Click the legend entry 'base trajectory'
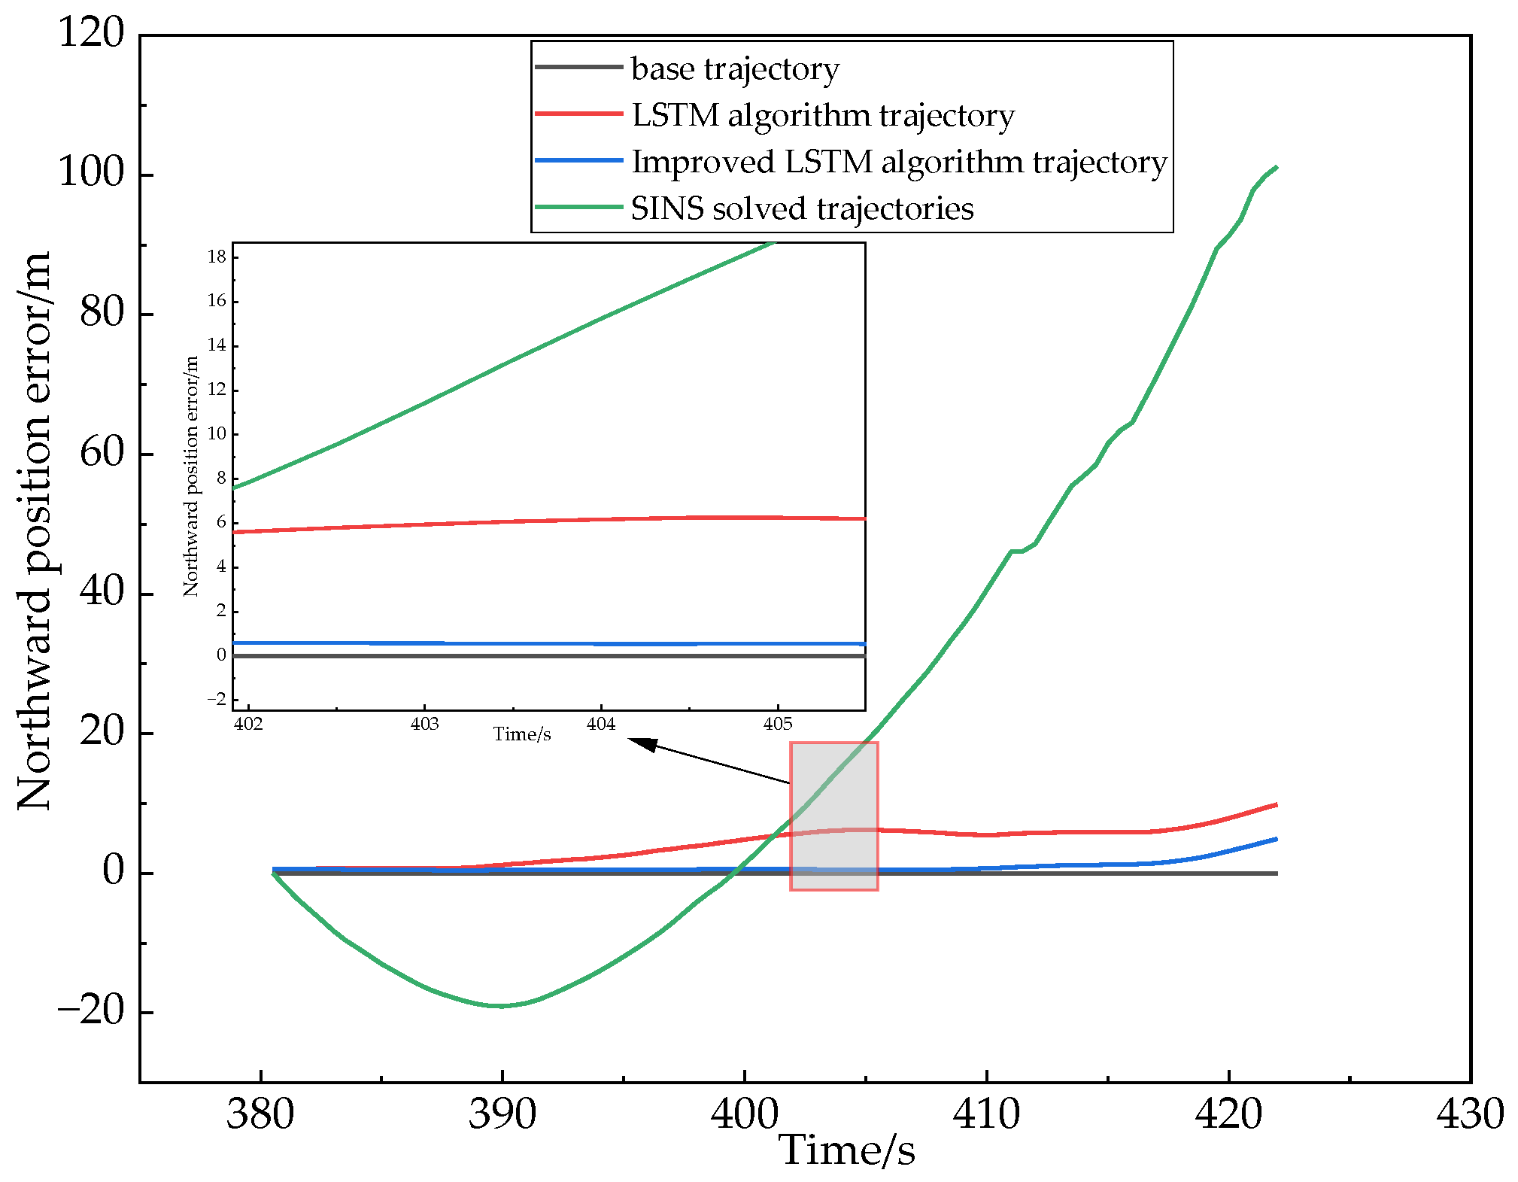pos(734,69)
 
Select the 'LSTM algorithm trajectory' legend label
pos(823,116)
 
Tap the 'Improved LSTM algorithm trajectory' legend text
pos(899,163)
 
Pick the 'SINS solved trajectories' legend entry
pos(802,209)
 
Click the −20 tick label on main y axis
pos(91,1011)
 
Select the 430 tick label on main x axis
pos(1470,1114)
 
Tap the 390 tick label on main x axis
pos(502,1114)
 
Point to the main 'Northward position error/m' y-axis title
pos(35,530)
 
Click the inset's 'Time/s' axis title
pos(522,734)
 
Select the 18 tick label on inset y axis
pos(217,257)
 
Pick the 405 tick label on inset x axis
pos(778,725)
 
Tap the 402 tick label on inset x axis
pos(248,725)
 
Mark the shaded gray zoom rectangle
pos(833,816)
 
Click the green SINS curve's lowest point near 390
pos(500,1006)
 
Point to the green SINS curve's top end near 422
pos(1277,167)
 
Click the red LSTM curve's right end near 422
pos(1277,804)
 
